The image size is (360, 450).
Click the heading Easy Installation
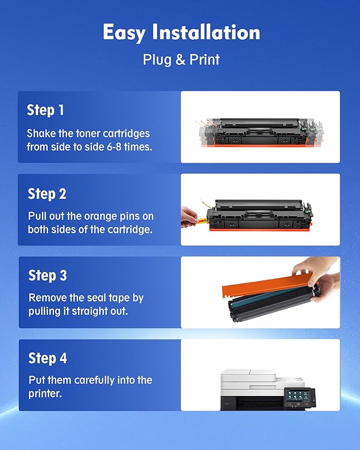click(181, 33)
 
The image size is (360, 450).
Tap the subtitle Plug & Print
click(181, 59)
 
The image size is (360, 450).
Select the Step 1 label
click(46, 110)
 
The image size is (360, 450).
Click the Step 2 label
click(47, 194)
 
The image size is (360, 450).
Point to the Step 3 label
click(48, 276)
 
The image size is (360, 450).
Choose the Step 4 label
click(48, 358)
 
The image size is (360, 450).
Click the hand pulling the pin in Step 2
click(189, 215)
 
